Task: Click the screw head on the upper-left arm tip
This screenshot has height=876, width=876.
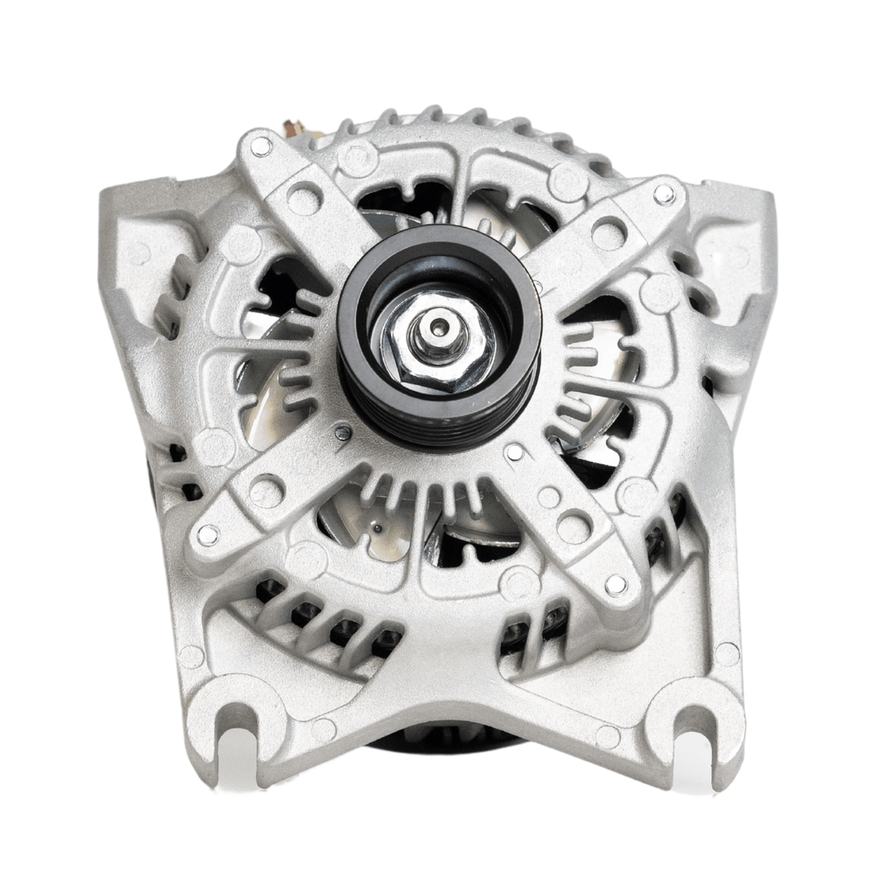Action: (261, 147)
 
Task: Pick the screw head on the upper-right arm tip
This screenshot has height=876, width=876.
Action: (663, 193)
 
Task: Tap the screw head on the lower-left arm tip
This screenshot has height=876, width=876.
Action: (208, 534)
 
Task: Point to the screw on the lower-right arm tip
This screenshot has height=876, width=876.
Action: (616, 583)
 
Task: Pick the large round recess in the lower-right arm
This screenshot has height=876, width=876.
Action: (574, 528)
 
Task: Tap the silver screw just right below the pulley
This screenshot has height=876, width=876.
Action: (513, 453)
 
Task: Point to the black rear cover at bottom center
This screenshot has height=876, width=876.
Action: (454, 742)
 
